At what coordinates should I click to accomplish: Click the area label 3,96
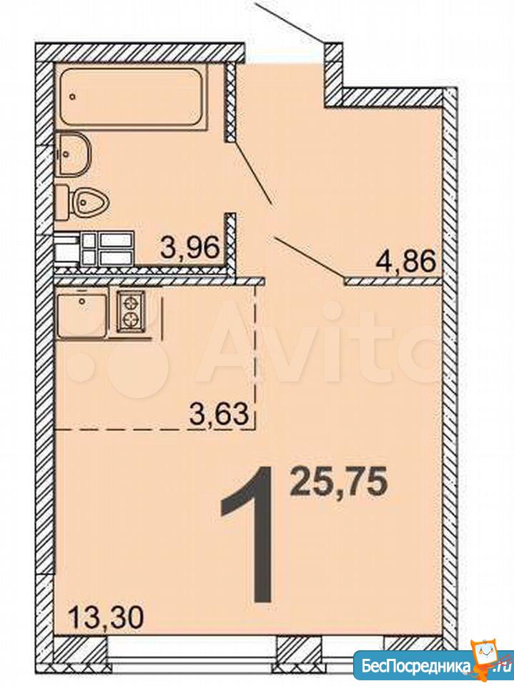click(189, 249)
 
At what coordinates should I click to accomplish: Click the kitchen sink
click(82, 316)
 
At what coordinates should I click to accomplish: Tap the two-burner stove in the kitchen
click(131, 311)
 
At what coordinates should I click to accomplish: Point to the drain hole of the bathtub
click(72, 96)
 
